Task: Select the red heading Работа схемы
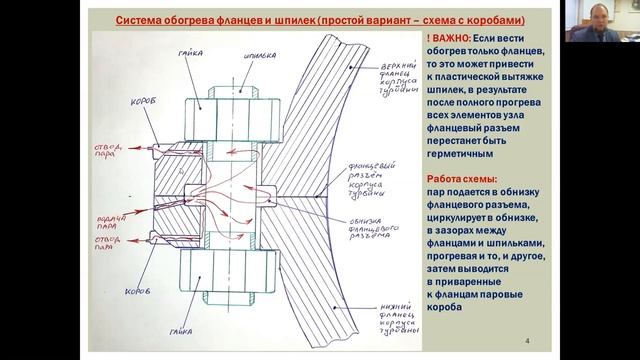[462, 177]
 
